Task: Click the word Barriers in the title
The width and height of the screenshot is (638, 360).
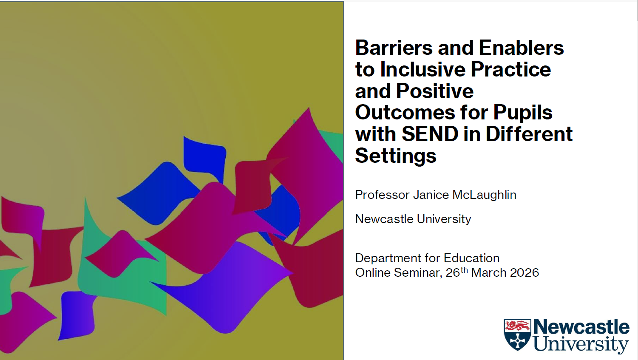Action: [x=394, y=48]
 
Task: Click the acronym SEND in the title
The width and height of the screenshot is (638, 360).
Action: [x=430, y=134]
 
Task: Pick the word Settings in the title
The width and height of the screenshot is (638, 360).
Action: [x=395, y=156]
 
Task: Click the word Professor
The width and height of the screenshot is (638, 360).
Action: [x=382, y=195]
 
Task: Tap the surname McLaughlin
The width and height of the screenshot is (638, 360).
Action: [x=484, y=195]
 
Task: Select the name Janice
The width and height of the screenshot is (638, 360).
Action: [x=431, y=195]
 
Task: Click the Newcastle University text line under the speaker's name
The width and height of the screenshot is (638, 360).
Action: [x=413, y=219]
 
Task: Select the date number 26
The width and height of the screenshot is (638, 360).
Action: [x=453, y=272]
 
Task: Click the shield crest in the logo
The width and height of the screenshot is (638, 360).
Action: [x=517, y=334]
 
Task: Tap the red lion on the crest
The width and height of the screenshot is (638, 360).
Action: [x=517, y=326]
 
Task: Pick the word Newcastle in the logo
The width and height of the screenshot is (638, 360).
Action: [x=581, y=327]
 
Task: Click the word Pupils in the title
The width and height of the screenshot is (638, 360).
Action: [x=522, y=113]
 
